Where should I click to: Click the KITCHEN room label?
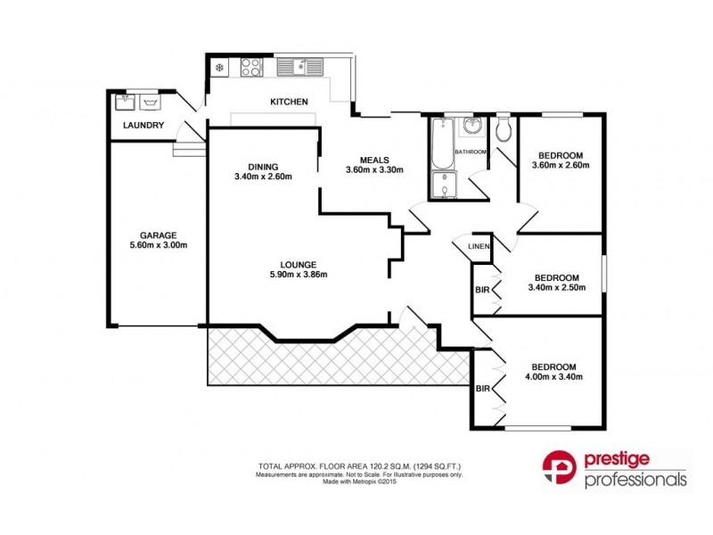tap(289, 103)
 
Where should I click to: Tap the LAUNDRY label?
tap(143, 126)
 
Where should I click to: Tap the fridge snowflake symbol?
tap(219, 67)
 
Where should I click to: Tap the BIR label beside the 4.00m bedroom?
tap(482, 389)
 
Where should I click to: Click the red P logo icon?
tap(559, 470)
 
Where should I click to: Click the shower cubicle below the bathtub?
tap(442, 185)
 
